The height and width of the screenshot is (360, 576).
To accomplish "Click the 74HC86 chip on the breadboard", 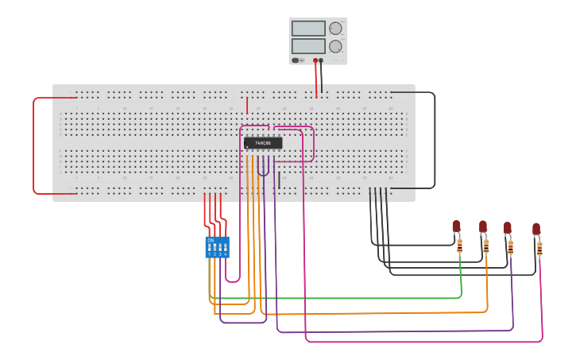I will (x=262, y=143).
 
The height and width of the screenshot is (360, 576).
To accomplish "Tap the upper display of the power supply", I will (x=308, y=29).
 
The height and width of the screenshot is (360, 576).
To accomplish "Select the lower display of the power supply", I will (x=308, y=46).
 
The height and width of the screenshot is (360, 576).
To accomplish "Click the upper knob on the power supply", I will (x=335, y=29).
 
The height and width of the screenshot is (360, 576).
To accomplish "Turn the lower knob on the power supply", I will (x=335, y=46).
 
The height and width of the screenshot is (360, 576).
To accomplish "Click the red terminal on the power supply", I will (x=315, y=60).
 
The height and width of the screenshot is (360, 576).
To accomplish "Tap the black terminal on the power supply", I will (x=322, y=60).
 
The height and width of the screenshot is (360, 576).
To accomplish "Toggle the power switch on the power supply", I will (x=296, y=60).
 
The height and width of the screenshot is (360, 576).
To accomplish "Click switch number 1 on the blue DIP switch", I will (x=210, y=249).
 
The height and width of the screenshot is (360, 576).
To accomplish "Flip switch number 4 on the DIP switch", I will (x=226, y=249).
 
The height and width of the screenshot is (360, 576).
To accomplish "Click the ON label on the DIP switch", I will (x=211, y=240).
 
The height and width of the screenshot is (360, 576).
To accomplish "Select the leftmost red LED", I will (x=456, y=226).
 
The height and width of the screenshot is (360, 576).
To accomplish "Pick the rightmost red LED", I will (x=536, y=229).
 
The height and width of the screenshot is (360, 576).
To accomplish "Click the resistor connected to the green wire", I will (x=460, y=246).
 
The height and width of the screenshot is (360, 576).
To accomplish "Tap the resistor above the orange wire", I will (x=486, y=246).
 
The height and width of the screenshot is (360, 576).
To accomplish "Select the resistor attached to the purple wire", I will (x=511, y=248).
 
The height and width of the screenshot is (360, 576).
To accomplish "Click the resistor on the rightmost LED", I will (x=540, y=250).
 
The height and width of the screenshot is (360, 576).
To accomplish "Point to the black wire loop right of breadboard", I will (x=435, y=141).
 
